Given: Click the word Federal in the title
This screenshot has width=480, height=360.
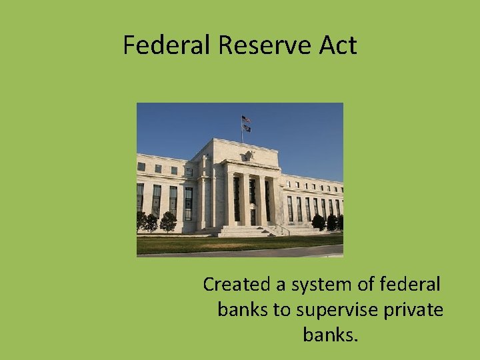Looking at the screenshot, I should tap(167, 45).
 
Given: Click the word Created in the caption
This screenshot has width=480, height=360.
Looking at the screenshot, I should tap(235, 285).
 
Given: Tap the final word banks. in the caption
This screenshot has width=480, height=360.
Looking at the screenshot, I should tap(331, 335).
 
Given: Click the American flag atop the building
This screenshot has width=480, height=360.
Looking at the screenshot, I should tap(246, 119).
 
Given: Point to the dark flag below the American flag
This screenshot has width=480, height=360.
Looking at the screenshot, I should tap(246, 127).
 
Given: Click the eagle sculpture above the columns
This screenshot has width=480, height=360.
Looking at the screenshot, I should tap(250, 156).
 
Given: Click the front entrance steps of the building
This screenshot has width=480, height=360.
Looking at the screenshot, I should tap(246, 231).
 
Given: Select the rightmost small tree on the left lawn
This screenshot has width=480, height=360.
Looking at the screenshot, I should tap(169, 222).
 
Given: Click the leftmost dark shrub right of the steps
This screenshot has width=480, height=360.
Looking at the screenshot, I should tap(318, 222).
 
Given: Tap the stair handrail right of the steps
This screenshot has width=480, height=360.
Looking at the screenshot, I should tap(283, 229).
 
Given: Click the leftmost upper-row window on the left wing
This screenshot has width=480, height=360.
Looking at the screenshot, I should tap(141, 167).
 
